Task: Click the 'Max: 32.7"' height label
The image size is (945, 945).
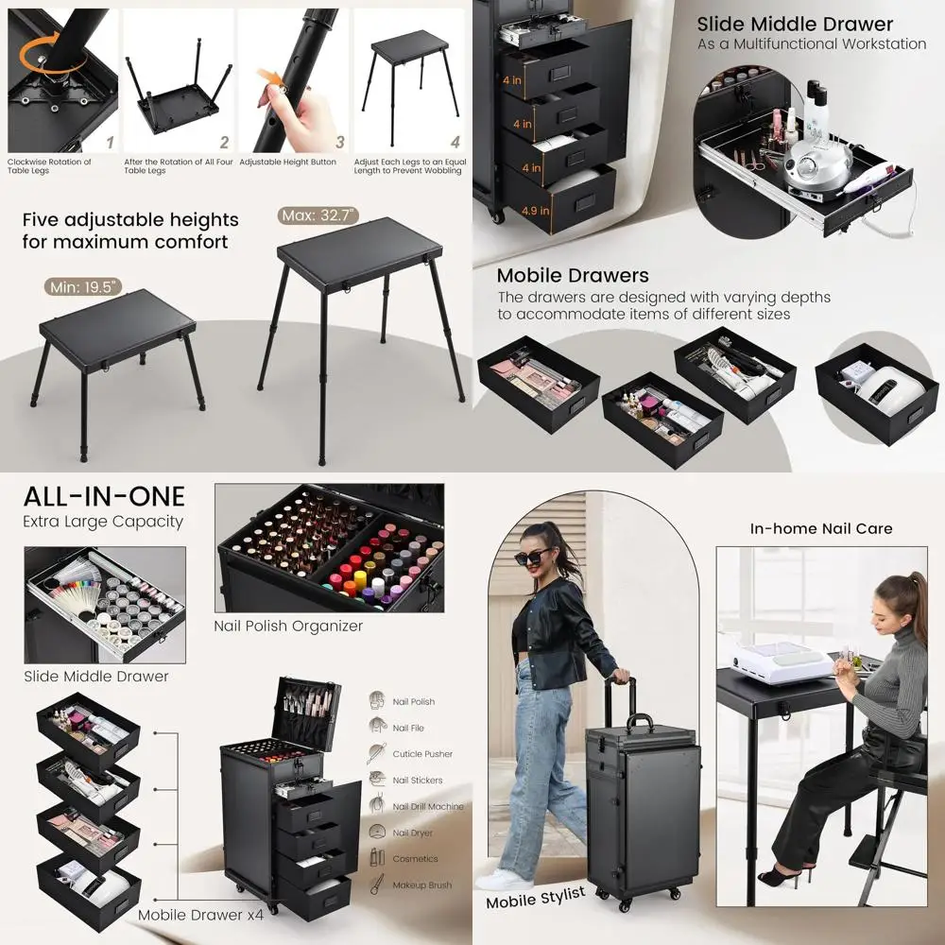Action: coord(319,215)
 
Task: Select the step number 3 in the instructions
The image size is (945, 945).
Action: coord(340,143)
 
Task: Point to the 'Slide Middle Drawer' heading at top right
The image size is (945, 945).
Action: coord(795,25)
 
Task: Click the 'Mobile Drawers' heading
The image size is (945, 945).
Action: coord(573,276)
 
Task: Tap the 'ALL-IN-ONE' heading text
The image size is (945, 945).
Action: coord(104,496)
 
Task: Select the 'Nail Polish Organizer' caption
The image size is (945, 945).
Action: coord(288,626)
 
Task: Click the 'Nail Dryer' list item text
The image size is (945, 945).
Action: coord(413,833)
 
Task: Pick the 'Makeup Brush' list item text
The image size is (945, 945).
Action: coord(421,885)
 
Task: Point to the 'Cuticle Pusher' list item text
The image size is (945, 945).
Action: coord(422,754)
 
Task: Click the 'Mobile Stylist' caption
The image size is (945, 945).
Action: coord(536,897)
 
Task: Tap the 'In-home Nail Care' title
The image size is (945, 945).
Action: coord(821,528)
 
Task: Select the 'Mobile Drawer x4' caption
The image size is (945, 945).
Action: coord(200,915)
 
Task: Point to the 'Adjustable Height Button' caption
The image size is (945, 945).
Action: coord(287,163)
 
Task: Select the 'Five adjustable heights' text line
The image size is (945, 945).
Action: coord(130,220)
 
